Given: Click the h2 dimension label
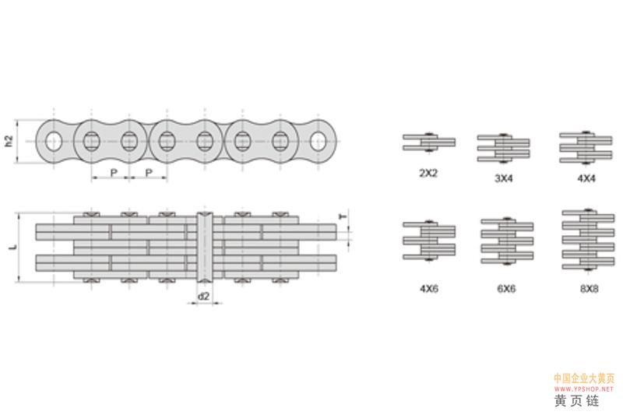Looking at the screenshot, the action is tap(9, 142).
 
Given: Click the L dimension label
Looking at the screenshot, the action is tap(13, 247).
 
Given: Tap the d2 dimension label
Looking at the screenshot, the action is tap(203, 296).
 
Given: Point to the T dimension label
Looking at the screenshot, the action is tap(343, 216).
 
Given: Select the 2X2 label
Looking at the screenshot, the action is tap(428, 173).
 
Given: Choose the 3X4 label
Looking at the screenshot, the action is tap(504, 178).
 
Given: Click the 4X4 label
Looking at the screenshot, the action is tap(586, 178).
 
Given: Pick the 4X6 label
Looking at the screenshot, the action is tap(429, 288).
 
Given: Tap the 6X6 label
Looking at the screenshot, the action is tap(507, 288).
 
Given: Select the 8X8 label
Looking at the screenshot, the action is tap(590, 289).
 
